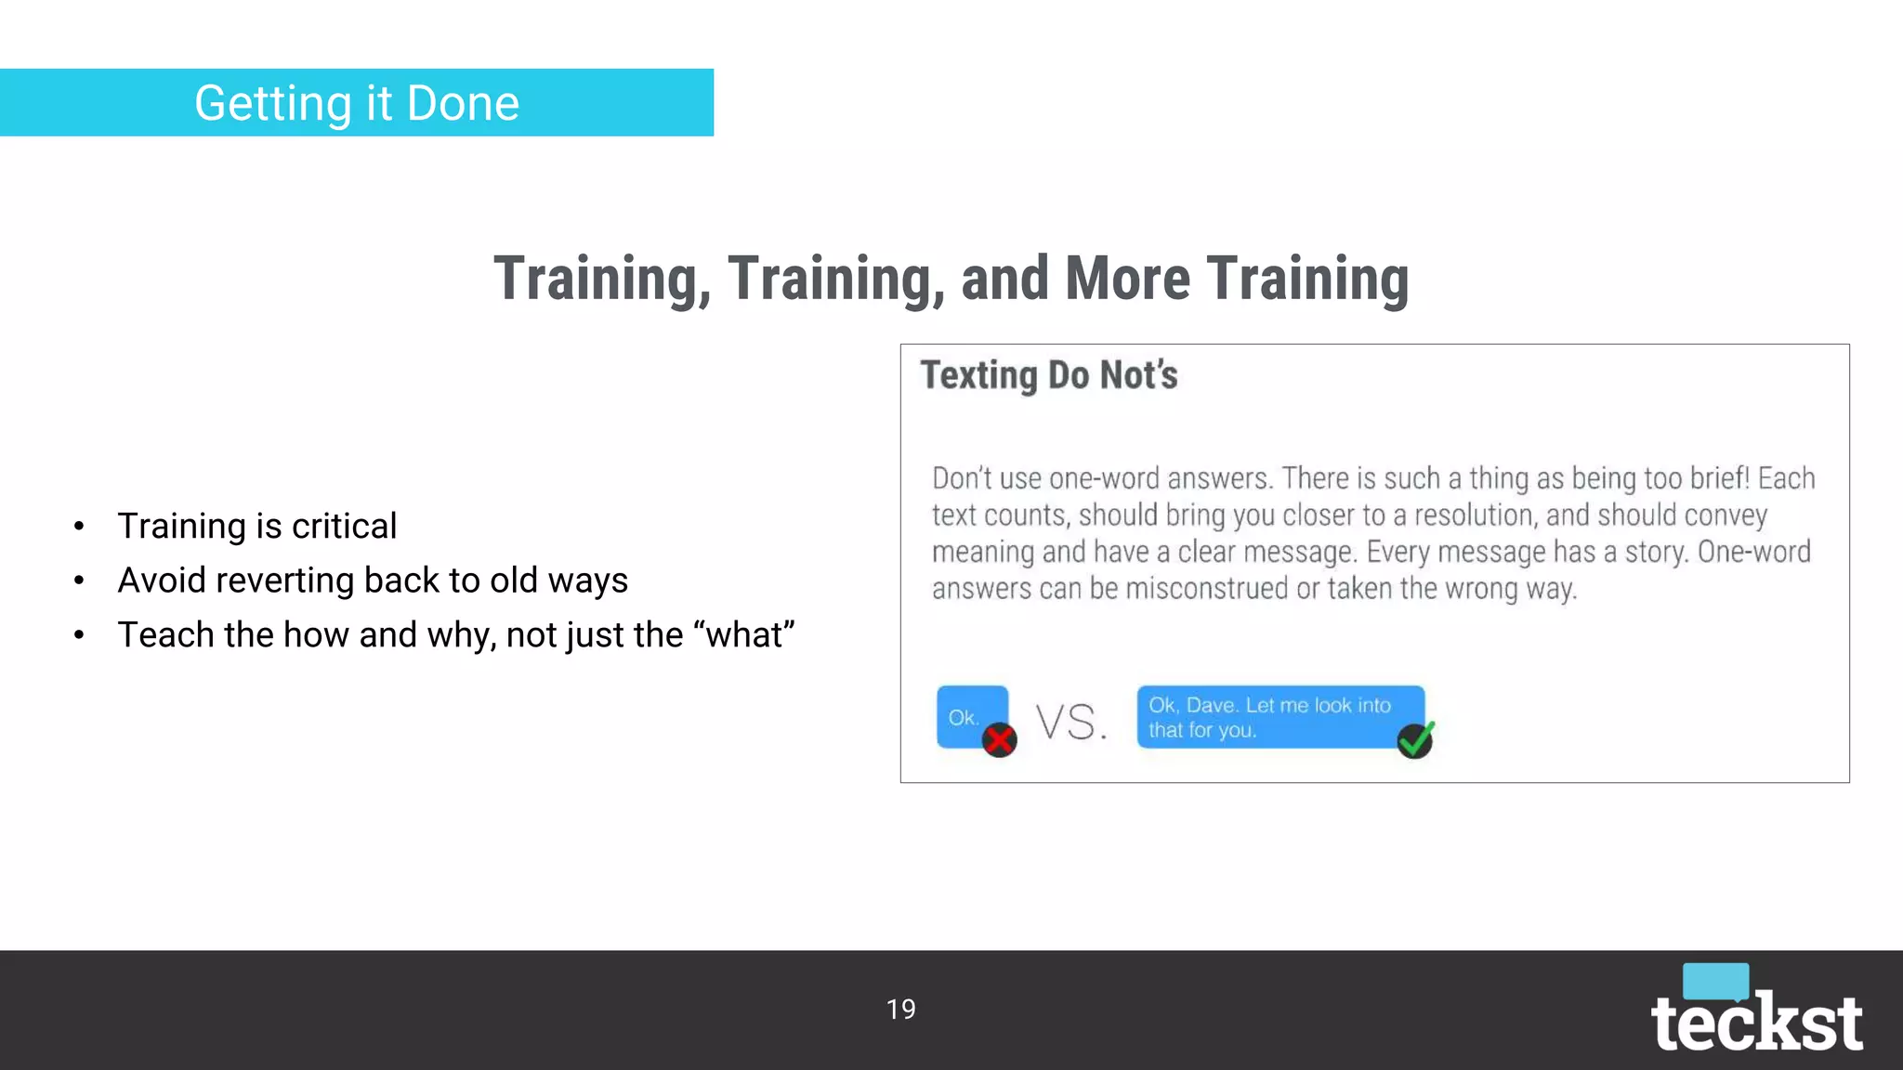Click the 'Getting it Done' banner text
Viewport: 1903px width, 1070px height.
357,103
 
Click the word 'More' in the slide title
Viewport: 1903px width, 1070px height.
1127,279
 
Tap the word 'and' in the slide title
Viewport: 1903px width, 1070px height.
1005,279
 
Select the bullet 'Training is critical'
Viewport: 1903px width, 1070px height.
257,527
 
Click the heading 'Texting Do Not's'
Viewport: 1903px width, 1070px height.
1049,376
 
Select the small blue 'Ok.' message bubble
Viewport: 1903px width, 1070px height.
966,716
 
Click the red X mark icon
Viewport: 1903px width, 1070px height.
1000,740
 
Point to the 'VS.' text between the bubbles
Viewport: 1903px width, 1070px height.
1072,723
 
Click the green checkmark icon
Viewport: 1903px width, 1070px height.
1416,740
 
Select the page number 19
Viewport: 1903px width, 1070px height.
900,1010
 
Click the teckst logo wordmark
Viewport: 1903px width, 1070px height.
1756,1024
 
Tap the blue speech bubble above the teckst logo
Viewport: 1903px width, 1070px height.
1715,981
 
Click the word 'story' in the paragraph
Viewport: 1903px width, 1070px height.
1641,553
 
